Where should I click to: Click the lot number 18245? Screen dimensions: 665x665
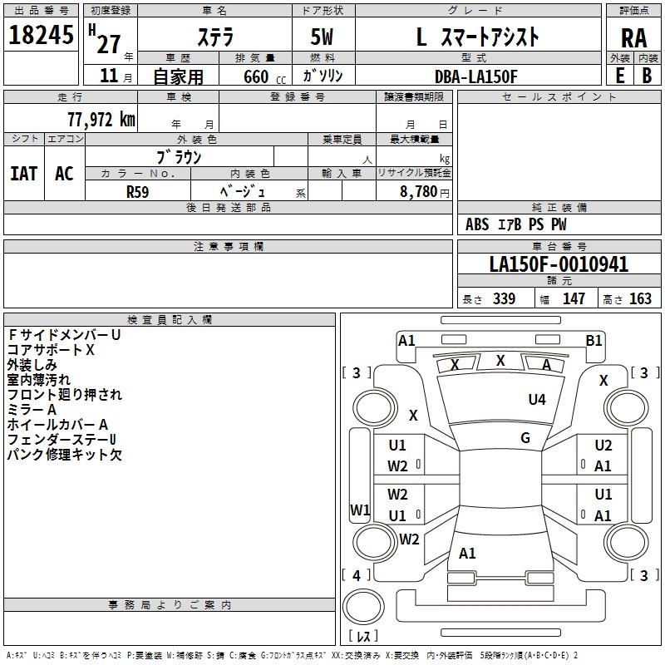pyautogui.click(x=41, y=35)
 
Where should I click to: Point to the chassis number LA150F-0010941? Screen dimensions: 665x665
pyautogui.click(x=559, y=264)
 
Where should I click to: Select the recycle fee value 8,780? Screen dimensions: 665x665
pyautogui.click(x=419, y=191)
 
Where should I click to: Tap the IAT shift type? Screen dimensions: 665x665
pyautogui.click(x=23, y=173)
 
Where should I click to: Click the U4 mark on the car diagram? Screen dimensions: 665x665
pyautogui.click(x=537, y=400)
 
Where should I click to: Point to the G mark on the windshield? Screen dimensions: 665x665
pyautogui.click(x=525, y=438)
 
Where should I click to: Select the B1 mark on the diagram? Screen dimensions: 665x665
pyautogui.click(x=594, y=340)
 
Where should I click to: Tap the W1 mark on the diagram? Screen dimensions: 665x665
pyautogui.click(x=359, y=510)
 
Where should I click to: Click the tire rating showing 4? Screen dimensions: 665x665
pyautogui.click(x=357, y=575)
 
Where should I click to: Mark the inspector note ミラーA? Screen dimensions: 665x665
pyautogui.click(x=32, y=410)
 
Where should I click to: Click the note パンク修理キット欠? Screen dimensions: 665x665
pyautogui.click(x=65, y=455)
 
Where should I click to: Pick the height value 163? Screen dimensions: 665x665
pyautogui.click(x=640, y=299)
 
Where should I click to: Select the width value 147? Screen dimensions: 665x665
pyautogui.click(x=574, y=299)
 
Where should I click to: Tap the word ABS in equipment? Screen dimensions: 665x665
pyautogui.click(x=477, y=224)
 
